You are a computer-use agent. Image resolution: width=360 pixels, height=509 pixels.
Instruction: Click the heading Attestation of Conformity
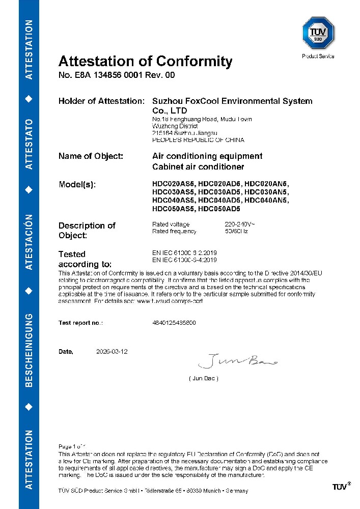(145, 62)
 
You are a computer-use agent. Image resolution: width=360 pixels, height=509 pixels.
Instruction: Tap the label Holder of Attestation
(102, 101)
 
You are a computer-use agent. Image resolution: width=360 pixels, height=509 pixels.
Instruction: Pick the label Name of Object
(91, 156)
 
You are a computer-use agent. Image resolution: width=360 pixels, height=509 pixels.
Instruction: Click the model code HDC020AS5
(174, 184)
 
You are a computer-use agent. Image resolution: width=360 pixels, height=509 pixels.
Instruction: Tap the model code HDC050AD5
(219, 209)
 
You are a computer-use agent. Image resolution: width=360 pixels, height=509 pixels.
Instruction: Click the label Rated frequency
(174, 231)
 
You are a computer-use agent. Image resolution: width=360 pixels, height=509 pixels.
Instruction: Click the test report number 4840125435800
(174, 323)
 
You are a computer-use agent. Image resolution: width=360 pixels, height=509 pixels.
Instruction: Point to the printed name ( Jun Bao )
(204, 379)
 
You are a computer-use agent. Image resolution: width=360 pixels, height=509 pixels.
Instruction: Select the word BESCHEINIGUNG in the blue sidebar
(29, 351)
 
